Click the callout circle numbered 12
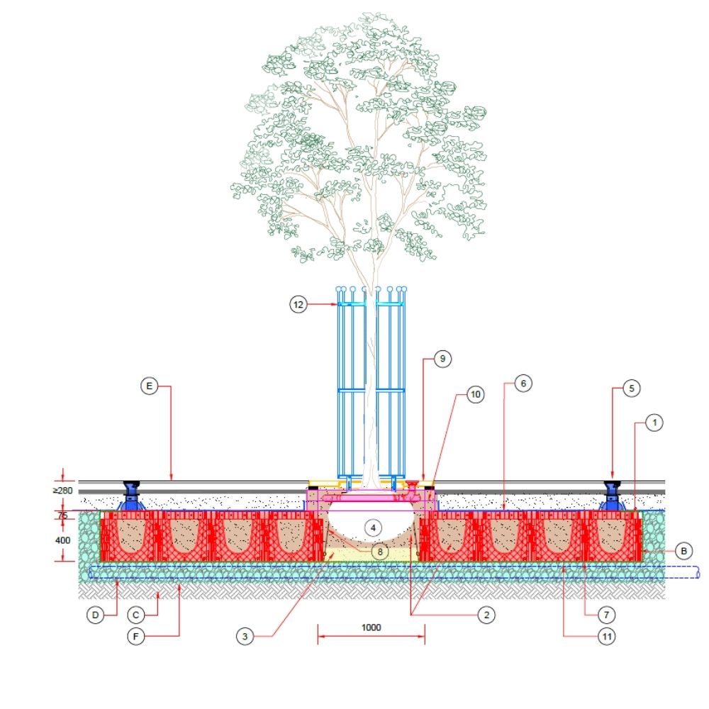(x=298, y=304)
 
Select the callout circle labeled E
(x=148, y=386)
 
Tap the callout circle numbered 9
(x=442, y=359)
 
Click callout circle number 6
(x=522, y=383)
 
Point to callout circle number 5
(x=632, y=388)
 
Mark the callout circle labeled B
(x=683, y=550)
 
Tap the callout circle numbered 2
(x=486, y=615)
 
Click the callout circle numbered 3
(x=245, y=637)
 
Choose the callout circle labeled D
(x=96, y=614)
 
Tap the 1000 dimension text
(x=371, y=627)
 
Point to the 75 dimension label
(x=64, y=516)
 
